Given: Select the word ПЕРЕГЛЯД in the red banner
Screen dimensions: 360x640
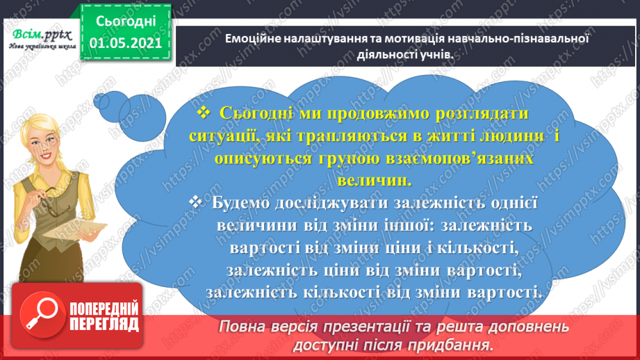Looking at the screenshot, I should pos(104,325).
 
